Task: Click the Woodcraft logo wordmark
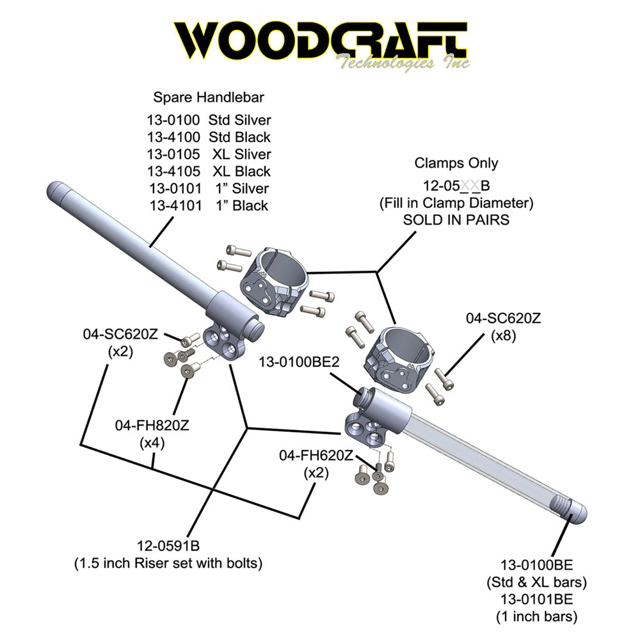pos(320,40)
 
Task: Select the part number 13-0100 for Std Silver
pos(173,120)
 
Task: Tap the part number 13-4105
pos(173,172)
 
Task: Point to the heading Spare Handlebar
pos(209,98)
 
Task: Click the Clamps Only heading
pos(456,163)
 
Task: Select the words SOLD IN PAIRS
pos(456,220)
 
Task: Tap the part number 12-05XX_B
pos(456,186)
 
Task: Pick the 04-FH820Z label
pos(154,425)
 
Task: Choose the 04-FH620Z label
pos(316,456)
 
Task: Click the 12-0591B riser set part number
pos(168,546)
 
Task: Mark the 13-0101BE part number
pos(536,600)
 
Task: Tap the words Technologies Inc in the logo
pos(403,63)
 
